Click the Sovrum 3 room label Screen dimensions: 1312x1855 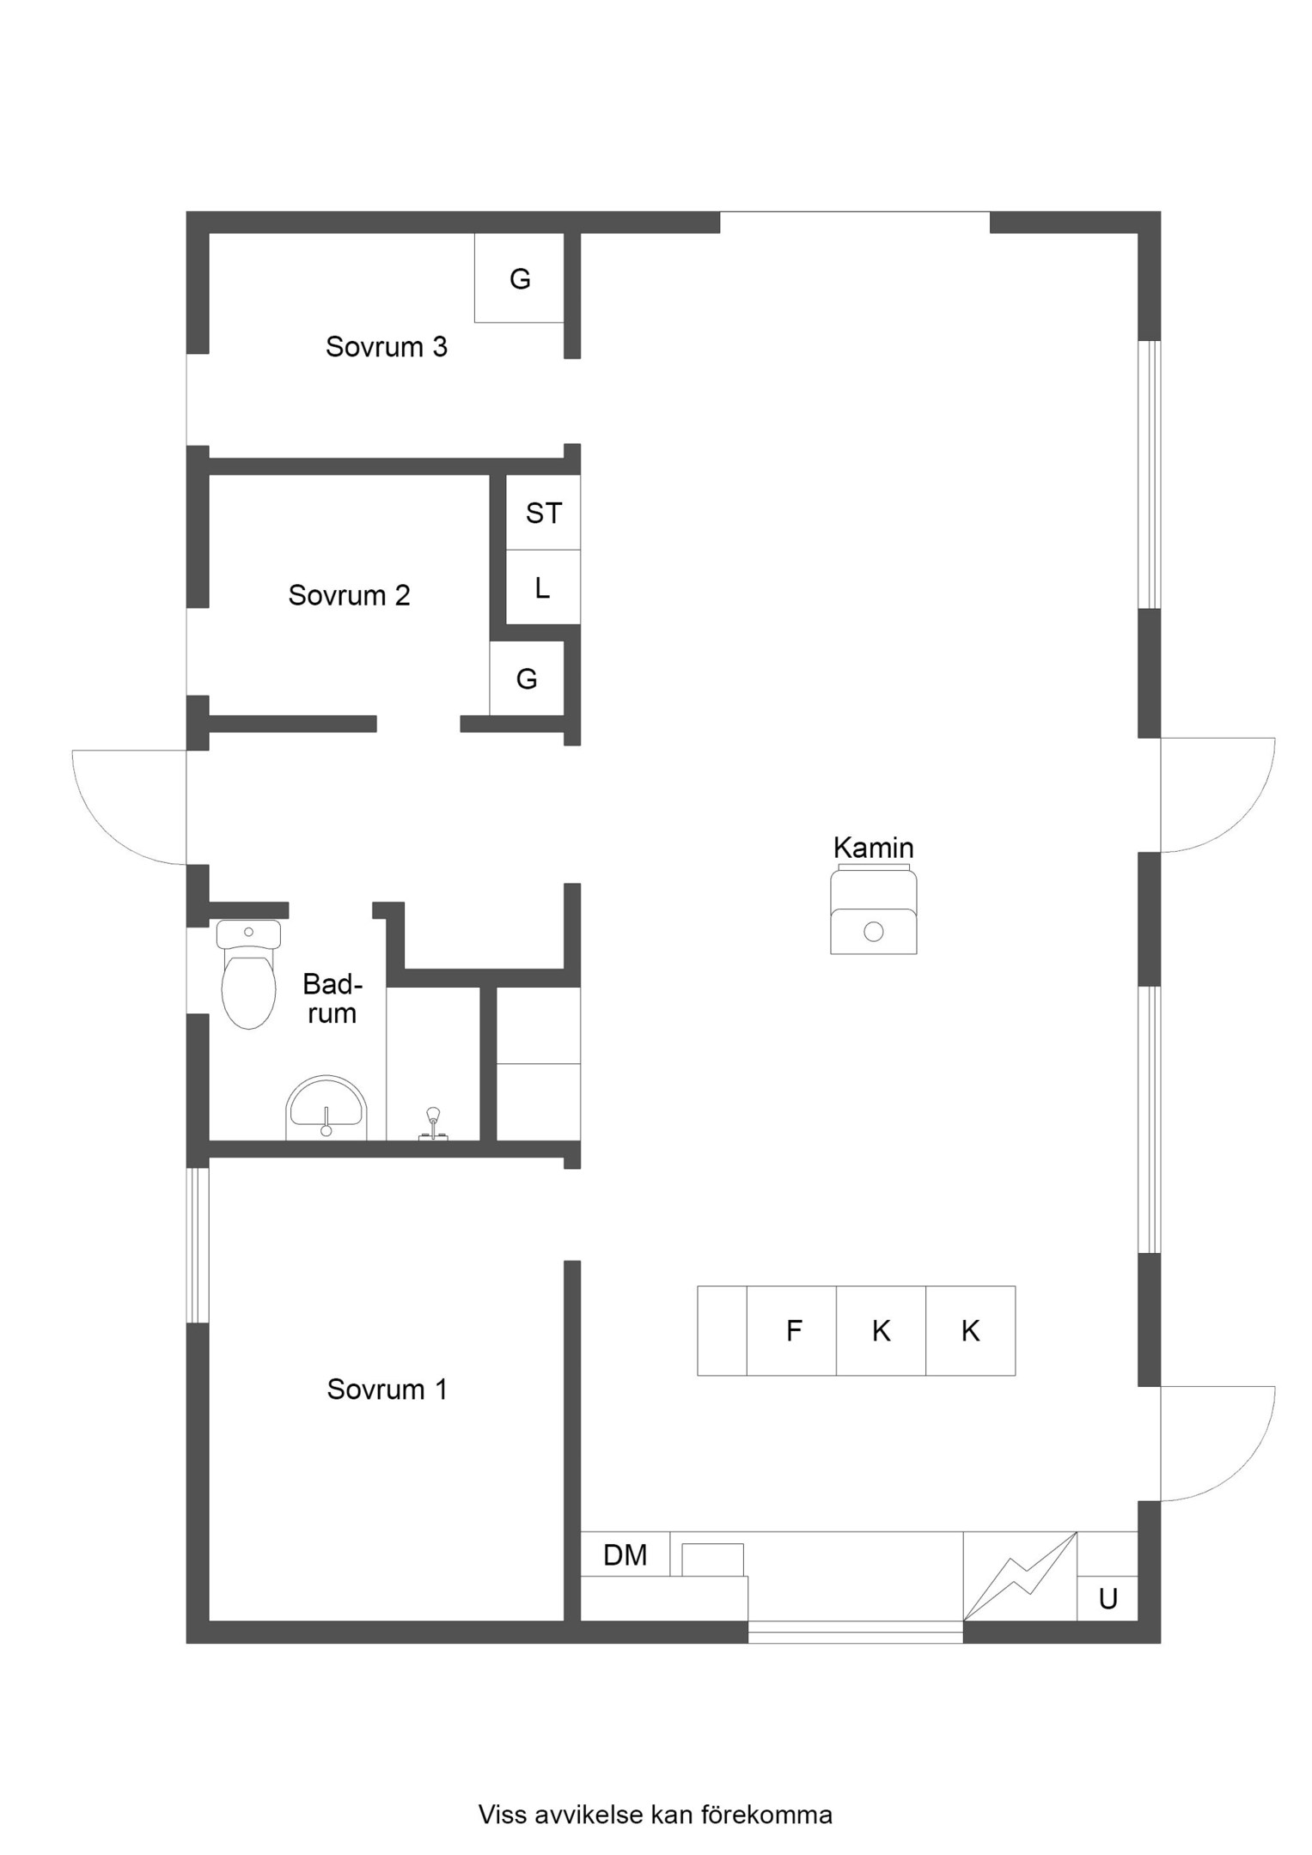[x=386, y=347]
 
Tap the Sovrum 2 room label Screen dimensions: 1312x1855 [x=349, y=595]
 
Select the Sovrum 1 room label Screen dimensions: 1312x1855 [x=387, y=1390]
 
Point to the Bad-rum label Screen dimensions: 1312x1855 [x=332, y=999]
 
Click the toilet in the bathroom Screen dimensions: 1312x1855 [x=248, y=975]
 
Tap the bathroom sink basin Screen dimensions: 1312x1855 [x=326, y=1108]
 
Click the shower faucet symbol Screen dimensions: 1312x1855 [x=433, y=1124]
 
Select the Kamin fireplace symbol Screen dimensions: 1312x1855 [x=873, y=909]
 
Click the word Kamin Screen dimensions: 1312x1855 [x=873, y=848]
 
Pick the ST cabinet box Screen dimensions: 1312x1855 [x=543, y=513]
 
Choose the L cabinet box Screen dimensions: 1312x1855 [x=543, y=587]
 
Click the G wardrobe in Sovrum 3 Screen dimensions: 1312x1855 [x=519, y=278]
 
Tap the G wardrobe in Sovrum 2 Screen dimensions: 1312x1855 [x=527, y=678]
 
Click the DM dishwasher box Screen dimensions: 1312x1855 [x=625, y=1554]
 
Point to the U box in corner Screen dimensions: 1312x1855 [x=1108, y=1598]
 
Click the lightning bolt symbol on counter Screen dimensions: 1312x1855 [x=1020, y=1577]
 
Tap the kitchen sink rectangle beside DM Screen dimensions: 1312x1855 [x=712, y=1560]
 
